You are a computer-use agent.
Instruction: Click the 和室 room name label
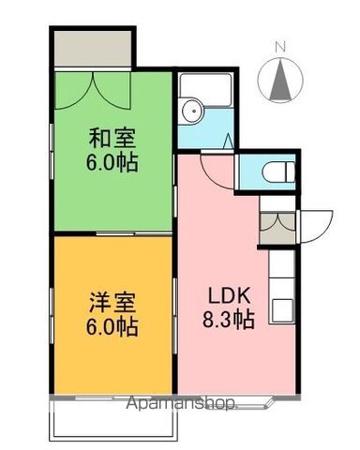pos(112,139)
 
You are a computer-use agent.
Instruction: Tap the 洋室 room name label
pos(112,303)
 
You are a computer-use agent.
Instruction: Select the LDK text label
pos(230,296)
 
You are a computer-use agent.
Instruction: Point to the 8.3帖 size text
pos(229,320)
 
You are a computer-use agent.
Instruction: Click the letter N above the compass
pos(280,48)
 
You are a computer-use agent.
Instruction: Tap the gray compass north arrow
pos(280,80)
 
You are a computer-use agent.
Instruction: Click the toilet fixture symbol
pos(278,172)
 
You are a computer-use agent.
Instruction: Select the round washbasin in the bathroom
pos(192,112)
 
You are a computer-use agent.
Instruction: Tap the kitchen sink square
pos(282,310)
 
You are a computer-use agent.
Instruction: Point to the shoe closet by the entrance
pos(277,228)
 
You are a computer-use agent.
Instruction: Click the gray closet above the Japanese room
pos(93,48)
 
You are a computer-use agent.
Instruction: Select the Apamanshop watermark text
pos(182,403)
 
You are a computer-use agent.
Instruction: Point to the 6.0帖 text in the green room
pos(112,162)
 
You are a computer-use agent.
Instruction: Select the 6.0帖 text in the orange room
pos(112,326)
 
